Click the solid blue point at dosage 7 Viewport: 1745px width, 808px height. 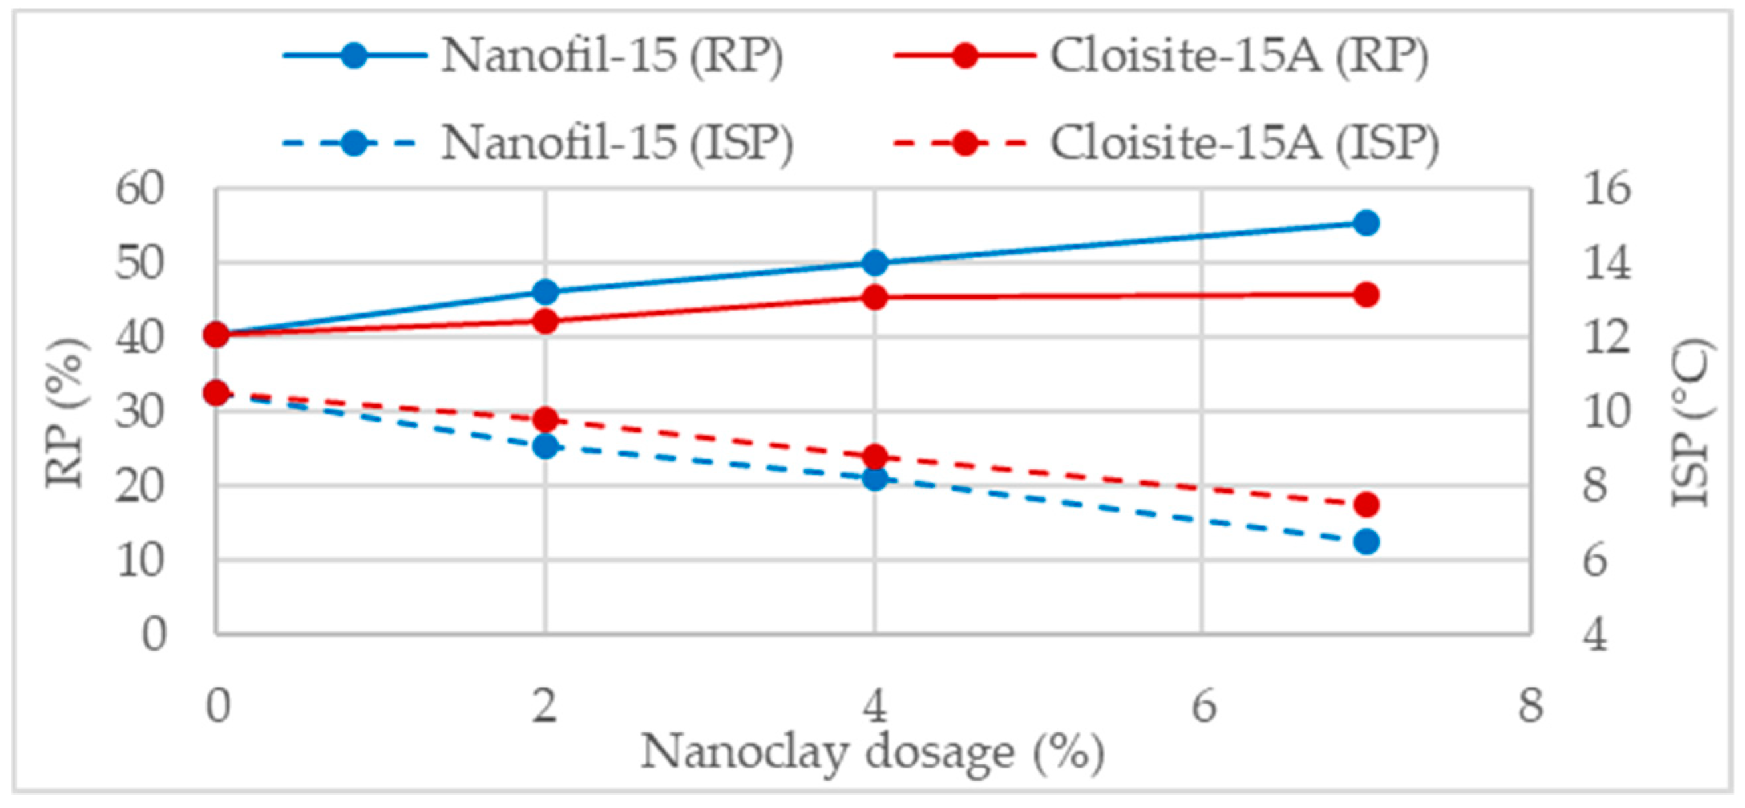coord(1366,223)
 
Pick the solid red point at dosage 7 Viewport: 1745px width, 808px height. coord(1366,295)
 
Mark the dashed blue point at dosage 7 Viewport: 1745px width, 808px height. coord(1366,542)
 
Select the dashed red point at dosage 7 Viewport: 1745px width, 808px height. coord(1366,505)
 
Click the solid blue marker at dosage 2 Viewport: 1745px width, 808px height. coord(545,293)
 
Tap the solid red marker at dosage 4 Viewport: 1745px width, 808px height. coord(875,297)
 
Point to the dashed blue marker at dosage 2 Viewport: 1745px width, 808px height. coord(545,446)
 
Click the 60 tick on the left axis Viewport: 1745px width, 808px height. coord(139,189)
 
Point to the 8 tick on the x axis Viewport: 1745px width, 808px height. coord(1530,706)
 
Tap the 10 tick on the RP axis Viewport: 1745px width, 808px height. coord(139,561)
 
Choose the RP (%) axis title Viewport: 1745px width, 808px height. coord(66,413)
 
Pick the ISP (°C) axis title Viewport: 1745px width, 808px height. coord(1691,423)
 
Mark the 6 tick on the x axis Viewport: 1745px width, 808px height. coord(1203,706)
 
